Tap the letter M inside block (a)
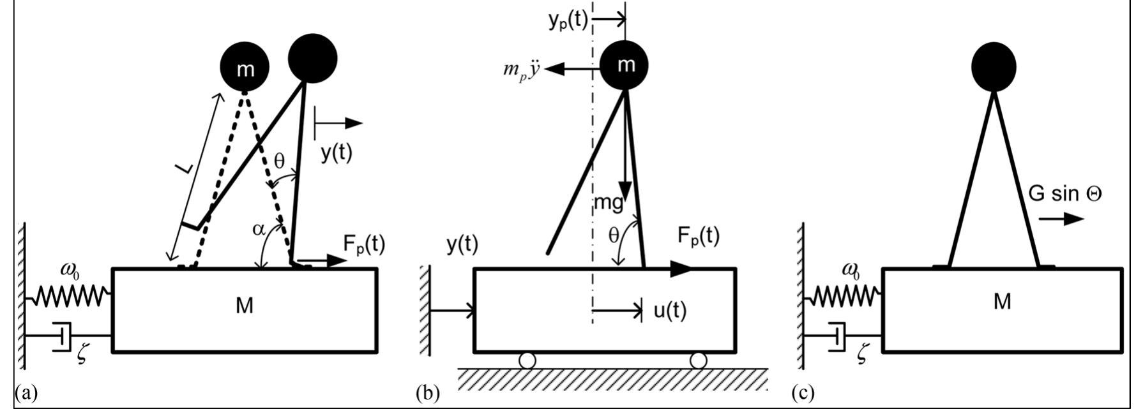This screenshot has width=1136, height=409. (245, 307)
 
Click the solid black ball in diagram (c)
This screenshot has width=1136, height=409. (994, 66)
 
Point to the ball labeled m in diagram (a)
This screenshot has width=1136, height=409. (245, 68)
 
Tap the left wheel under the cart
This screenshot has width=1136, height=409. (527, 361)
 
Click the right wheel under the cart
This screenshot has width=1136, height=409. (699, 361)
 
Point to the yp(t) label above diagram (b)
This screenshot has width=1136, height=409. (568, 21)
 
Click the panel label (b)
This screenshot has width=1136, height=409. (427, 393)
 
